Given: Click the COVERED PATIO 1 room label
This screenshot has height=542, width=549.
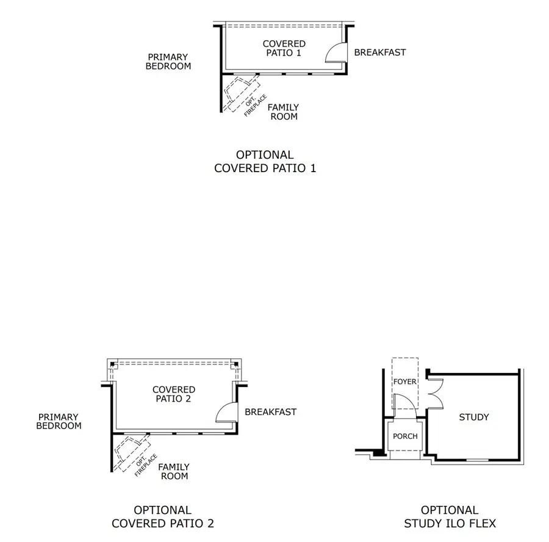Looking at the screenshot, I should click(x=284, y=48).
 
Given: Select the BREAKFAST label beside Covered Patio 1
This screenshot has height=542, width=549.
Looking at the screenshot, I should click(x=379, y=52).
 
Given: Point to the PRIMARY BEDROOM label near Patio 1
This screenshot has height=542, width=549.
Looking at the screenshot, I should click(x=168, y=62).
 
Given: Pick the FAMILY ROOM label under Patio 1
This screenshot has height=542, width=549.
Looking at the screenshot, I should click(x=284, y=112).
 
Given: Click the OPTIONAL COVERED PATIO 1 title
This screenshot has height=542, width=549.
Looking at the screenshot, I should click(x=265, y=162).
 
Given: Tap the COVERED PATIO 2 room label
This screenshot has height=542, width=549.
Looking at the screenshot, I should click(x=174, y=394).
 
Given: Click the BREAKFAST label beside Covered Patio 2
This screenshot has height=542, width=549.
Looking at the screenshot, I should click(x=270, y=412).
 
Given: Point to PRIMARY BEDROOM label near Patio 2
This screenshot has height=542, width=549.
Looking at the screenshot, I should click(x=59, y=421).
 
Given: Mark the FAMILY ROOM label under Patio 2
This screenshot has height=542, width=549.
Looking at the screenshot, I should click(x=174, y=471).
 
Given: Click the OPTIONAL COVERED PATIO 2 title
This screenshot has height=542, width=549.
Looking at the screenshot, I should click(x=162, y=516).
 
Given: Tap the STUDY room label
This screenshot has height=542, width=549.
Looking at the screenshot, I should click(x=473, y=417).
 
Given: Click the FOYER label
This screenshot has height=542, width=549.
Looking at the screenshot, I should click(x=404, y=382).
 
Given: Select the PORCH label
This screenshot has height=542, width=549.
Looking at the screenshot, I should click(x=405, y=436).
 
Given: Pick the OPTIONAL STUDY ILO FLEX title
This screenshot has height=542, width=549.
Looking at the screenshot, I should click(x=450, y=516).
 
